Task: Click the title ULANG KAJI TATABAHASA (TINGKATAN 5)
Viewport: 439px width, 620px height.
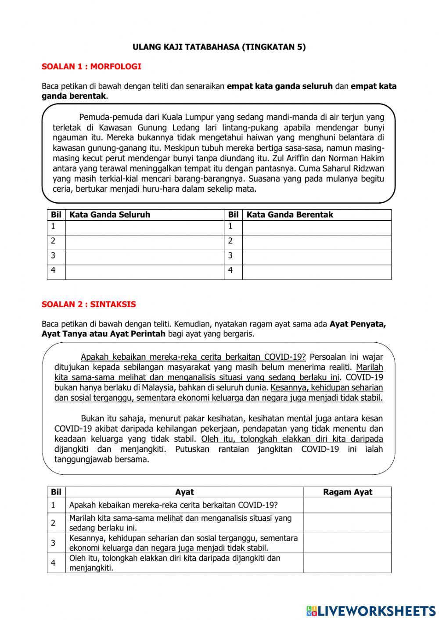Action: pos(219,47)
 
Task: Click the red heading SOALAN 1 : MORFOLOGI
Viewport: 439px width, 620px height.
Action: pos(91,67)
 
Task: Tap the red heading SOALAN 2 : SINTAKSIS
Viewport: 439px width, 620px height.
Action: pos(89,304)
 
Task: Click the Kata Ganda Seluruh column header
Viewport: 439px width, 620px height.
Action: pos(110,215)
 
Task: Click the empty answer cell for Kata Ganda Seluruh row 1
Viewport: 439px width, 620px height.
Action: pos(144,227)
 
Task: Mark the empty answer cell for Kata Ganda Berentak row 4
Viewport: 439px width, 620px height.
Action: pos(317,272)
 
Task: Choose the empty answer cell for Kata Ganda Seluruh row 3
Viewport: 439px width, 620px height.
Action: pos(144,257)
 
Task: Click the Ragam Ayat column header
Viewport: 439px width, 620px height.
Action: pos(347,492)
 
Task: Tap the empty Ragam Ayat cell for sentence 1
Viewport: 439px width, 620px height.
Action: pos(347,505)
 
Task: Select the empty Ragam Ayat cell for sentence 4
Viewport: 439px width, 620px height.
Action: pos(347,563)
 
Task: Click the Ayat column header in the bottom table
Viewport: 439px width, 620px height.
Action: pos(184,492)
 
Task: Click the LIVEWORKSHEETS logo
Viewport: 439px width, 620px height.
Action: pos(371,610)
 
